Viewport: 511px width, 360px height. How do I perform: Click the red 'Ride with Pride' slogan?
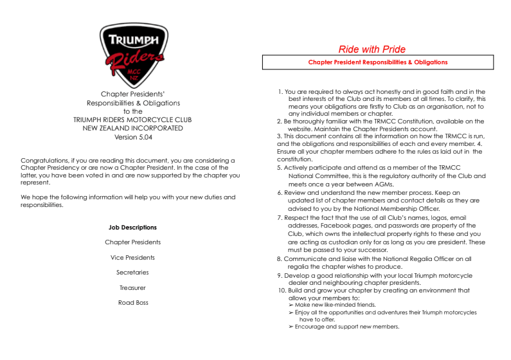(372, 50)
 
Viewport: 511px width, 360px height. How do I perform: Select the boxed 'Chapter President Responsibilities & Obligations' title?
(377, 62)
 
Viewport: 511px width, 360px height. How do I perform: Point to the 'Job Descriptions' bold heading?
(133, 228)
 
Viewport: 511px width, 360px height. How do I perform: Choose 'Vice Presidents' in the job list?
(133, 258)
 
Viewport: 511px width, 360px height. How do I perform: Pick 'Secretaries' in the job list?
(133, 273)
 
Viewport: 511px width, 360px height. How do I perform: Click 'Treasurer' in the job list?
(133, 288)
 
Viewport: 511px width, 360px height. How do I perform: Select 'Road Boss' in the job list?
(133, 303)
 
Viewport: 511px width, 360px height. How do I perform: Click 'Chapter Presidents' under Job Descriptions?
(133, 242)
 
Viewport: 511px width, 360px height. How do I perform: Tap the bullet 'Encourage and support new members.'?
(346, 327)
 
